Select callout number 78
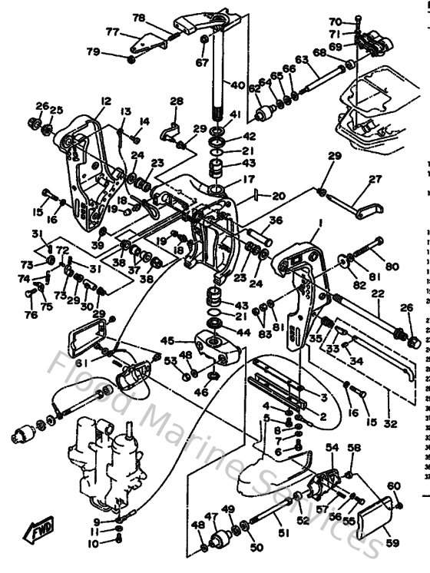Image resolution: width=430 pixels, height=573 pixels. click(x=138, y=18)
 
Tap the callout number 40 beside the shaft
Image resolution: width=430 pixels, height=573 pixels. click(x=238, y=84)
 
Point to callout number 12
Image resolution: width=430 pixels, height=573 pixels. click(x=105, y=101)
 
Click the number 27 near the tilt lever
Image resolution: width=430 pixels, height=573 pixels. click(x=375, y=179)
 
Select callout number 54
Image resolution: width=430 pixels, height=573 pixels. click(x=332, y=447)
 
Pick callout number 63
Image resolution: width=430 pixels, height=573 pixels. click(x=301, y=58)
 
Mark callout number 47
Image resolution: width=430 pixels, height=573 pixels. click(x=210, y=516)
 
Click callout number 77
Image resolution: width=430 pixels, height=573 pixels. click(x=112, y=32)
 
